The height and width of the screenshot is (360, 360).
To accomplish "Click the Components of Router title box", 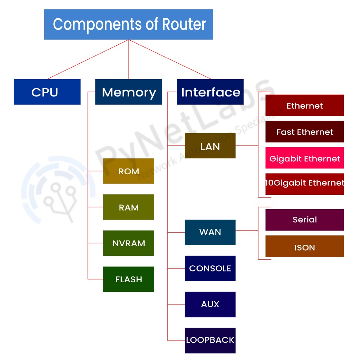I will [x=129, y=24].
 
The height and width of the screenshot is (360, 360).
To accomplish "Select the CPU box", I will [x=47, y=92].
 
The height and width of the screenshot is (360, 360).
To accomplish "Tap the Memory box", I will [x=129, y=92].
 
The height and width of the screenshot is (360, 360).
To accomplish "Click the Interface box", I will [x=210, y=92].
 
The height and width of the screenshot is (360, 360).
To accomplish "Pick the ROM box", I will [x=129, y=171].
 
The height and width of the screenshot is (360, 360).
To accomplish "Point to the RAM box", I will [x=129, y=207].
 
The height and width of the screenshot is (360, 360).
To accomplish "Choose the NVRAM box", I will [x=129, y=243].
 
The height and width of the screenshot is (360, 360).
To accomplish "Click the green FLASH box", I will [x=129, y=279].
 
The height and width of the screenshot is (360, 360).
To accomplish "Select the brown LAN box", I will [x=210, y=146].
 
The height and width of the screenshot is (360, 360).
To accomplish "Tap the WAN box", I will [x=210, y=232].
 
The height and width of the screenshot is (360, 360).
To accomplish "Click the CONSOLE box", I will [x=210, y=268].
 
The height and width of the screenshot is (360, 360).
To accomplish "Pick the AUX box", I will [x=210, y=304].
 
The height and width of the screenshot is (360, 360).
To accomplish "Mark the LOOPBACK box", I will [x=210, y=340].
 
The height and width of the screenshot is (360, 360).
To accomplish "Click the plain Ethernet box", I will [x=305, y=105].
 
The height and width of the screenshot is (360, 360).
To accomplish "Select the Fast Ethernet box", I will [x=305, y=132].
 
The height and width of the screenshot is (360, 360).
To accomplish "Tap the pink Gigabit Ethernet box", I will [x=305, y=158].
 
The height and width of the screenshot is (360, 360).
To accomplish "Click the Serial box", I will [x=305, y=220].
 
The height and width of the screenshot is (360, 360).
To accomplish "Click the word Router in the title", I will [x=184, y=24].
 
